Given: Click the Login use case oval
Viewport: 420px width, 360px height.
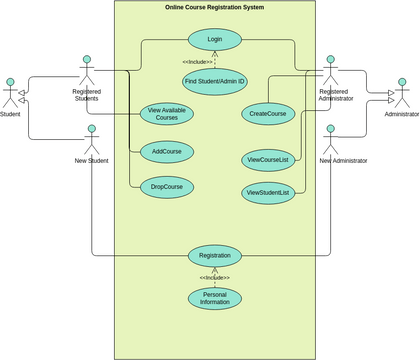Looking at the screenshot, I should click(215, 40).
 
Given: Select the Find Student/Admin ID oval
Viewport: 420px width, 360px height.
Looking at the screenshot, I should click(215, 80).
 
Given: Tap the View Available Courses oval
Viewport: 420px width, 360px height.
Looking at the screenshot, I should click(167, 114).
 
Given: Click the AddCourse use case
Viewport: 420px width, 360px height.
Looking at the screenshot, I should click(167, 152).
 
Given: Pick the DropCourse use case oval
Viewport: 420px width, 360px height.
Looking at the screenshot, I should click(167, 186).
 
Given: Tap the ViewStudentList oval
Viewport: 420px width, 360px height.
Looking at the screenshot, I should click(267, 192).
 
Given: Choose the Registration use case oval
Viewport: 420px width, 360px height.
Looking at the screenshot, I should click(215, 255).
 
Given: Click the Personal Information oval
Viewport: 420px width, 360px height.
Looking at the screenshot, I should click(215, 298).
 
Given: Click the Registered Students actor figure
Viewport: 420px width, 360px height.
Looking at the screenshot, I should click(87, 70).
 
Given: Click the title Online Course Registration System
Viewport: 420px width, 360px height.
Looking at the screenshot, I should click(215, 8).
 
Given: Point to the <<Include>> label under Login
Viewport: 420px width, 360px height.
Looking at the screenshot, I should click(197, 62).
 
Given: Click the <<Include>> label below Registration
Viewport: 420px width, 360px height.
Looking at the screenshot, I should click(215, 277).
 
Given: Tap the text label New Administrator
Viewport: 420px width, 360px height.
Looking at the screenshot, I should click(343, 160).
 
